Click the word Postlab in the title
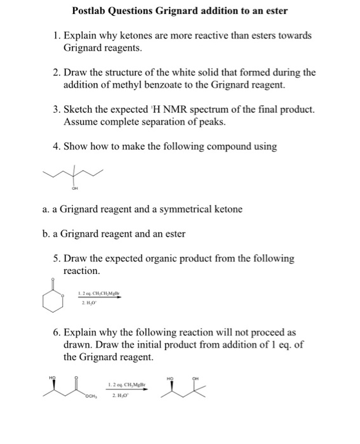pos(93,11)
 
